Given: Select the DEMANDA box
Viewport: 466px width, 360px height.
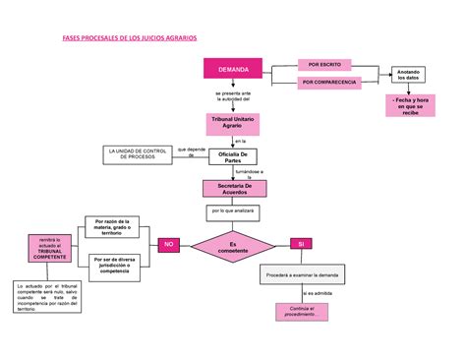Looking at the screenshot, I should [x=233, y=71].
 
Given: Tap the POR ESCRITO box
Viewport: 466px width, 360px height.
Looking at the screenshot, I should [x=324, y=64].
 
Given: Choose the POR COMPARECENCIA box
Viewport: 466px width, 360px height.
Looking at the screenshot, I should [x=330, y=84].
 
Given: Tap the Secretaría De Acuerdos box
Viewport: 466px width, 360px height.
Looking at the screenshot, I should [x=233, y=189].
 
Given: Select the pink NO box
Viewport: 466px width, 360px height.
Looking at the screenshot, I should [x=168, y=245].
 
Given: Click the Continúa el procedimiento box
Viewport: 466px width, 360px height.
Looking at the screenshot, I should [x=308, y=313].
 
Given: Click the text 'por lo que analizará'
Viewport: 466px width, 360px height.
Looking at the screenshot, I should [x=233, y=210].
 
